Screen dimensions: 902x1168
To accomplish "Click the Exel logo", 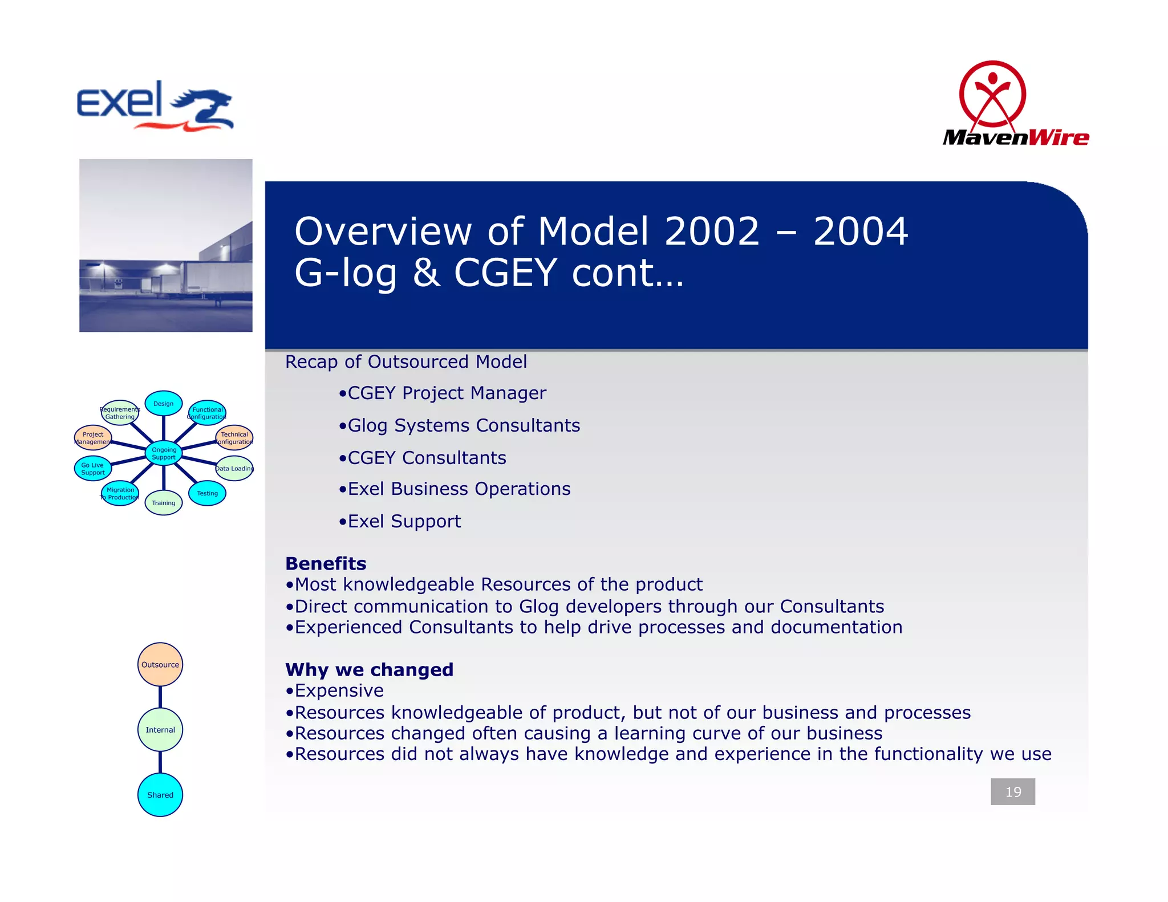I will click(x=155, y=106).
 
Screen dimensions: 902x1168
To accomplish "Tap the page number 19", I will click(x=1012, y=791).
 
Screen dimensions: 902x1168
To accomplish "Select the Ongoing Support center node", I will click(x=164, y=453).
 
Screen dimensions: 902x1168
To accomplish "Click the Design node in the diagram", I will click(x=164, y=404).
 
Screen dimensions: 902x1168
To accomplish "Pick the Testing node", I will click(x=207, y=493).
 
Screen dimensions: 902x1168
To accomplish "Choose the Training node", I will click(x=164, y=503).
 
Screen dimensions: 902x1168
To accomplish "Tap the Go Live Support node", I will click(x=93, y=469).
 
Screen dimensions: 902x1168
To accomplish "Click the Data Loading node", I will click(x=234, y=469).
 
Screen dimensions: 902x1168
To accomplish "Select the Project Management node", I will click(x=93, y=438).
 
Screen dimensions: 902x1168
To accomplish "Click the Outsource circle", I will click(x=160, y=664).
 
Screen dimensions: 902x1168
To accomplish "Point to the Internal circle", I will click(x=160, y=730).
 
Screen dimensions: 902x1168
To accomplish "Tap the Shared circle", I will click(x=160, y=795).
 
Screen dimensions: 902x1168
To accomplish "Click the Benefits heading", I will click(x=326, y=563).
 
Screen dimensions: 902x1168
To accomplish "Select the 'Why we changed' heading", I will click(x=369, y=669).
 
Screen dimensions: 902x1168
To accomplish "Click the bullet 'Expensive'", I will click(x=339, y=690).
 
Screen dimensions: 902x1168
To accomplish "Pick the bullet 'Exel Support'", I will click(x=404, y=521).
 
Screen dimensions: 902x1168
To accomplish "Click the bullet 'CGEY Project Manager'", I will click(x=447, y=393).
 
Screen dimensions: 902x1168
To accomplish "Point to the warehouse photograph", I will click(x=165, y=245).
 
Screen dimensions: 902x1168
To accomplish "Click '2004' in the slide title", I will click(x=860, y=231).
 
